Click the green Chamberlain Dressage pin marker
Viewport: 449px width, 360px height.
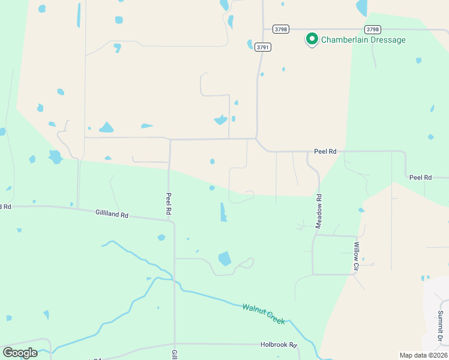tap(312, 40)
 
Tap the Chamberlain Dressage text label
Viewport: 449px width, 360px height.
tap(364, 40)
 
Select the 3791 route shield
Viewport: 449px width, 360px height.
tap(262, 47)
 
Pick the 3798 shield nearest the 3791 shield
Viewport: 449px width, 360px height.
tap(280, 29)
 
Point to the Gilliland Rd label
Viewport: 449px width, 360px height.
tap(112, 214)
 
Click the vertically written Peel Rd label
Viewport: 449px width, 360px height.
tap(170, 204)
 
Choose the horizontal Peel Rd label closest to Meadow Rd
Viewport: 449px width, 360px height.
tap(325, 152)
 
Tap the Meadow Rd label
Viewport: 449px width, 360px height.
tap(319, 211)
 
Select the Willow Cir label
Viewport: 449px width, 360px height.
tap(356, 254)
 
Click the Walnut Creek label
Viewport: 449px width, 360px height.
tap(264, 314)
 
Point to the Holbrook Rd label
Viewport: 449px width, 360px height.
tap(279, 345)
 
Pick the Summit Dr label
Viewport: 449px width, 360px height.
tap(440, 326)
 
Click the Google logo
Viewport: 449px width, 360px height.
tap(20, 353)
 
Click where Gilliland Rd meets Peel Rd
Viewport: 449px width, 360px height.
tap(173, 221)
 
